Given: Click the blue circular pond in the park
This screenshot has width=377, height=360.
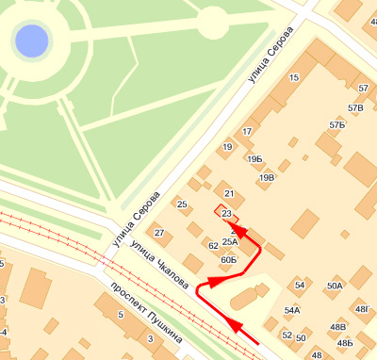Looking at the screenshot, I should (x=31, y=41).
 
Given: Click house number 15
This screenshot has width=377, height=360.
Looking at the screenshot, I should (x=295, y=77).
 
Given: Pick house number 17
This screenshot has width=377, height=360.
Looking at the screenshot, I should (x=248, y=132).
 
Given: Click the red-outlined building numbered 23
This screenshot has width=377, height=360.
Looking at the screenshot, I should (x=225, y=214).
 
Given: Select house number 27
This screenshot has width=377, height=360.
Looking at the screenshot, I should (x=159, y=233).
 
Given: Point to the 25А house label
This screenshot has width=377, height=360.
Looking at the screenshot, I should (x=230, y=242).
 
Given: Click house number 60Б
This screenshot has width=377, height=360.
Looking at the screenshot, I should (x=228, y=259).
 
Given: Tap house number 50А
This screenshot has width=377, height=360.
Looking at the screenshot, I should (x=335, y=286).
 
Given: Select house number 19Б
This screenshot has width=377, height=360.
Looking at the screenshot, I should (x=254, y=160).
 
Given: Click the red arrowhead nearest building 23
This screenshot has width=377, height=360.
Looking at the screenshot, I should (x=239, y=229).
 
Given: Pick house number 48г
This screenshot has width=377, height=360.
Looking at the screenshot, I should (x=361, y=309).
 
